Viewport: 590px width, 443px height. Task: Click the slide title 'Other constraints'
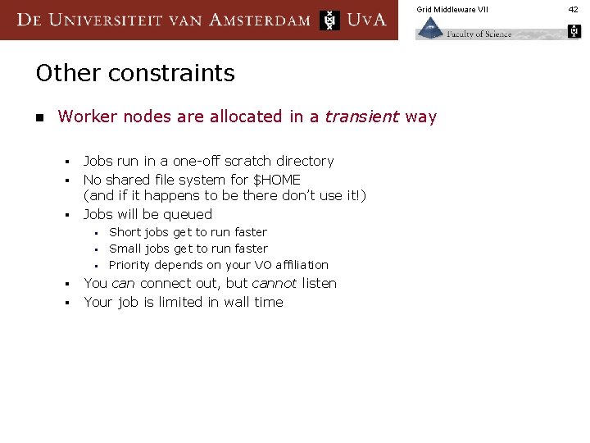[135, 73]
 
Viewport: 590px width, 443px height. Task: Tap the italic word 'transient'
[360, 116]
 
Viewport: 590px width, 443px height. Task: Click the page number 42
[574, 9]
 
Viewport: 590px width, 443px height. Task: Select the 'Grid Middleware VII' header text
[452, 9]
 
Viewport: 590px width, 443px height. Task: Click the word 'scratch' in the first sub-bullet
[243, 161]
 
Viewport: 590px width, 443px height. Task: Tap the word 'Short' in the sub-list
[126, 232]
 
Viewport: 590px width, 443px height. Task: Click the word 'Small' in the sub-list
[126, 249]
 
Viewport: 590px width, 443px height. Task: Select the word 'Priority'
[129, 265]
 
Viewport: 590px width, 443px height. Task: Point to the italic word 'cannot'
[275, 283]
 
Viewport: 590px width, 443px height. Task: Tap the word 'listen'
[319, 283]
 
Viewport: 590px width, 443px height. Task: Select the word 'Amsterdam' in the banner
[261, 20]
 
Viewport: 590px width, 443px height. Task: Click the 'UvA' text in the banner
[366, 20]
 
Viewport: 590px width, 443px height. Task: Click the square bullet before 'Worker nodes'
[39, 117]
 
